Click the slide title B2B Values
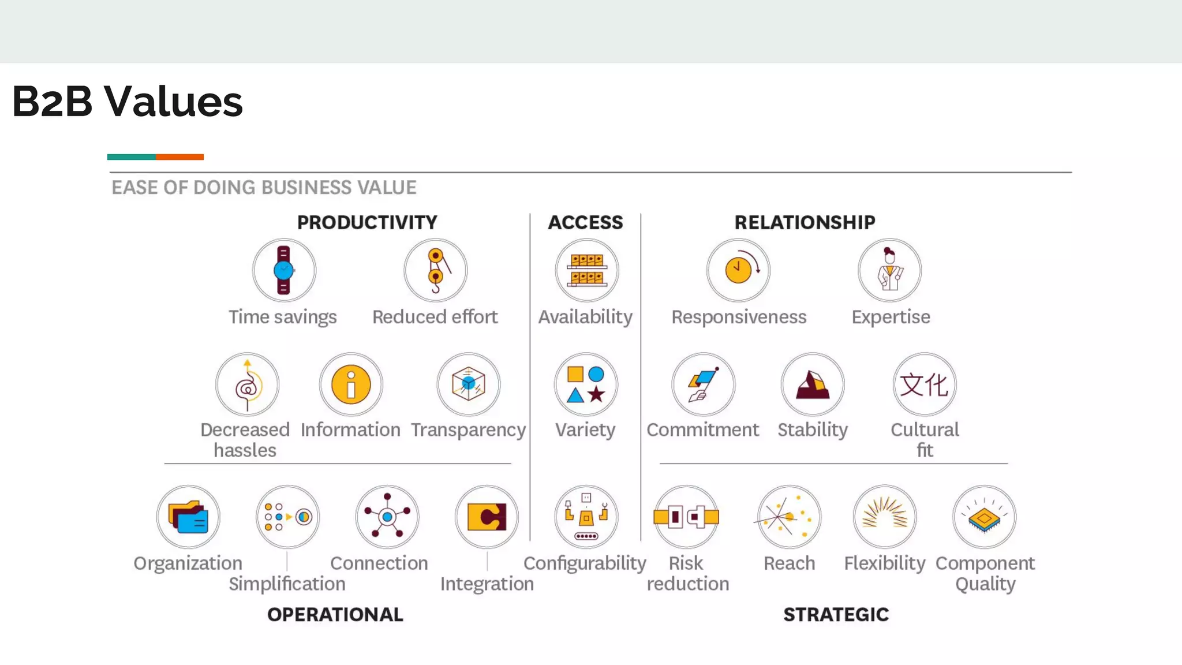tap(127, 102)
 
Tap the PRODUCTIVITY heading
tap(367, 222)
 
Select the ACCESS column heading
tap(585, 222)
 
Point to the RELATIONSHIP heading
tap(805, 222)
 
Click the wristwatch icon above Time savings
tap(283, 270)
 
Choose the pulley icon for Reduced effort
tap(436, 270)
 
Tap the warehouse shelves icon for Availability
tap(586, 270)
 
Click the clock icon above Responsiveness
tap(739, 270)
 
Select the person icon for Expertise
tap(889, 270)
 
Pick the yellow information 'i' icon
tap(351, 384)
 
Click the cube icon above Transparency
tap(468, 384)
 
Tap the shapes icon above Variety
tap(586, 384)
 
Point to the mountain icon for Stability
tap(813, 384)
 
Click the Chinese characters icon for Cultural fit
tap(925, 384)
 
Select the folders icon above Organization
tap(188, 517)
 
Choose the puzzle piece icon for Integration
tap(487, 517)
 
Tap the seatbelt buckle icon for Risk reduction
tap(686, 517)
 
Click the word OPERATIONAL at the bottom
tap(335, 615)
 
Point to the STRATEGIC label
tap(836, 615)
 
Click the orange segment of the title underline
tap(179, 157)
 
